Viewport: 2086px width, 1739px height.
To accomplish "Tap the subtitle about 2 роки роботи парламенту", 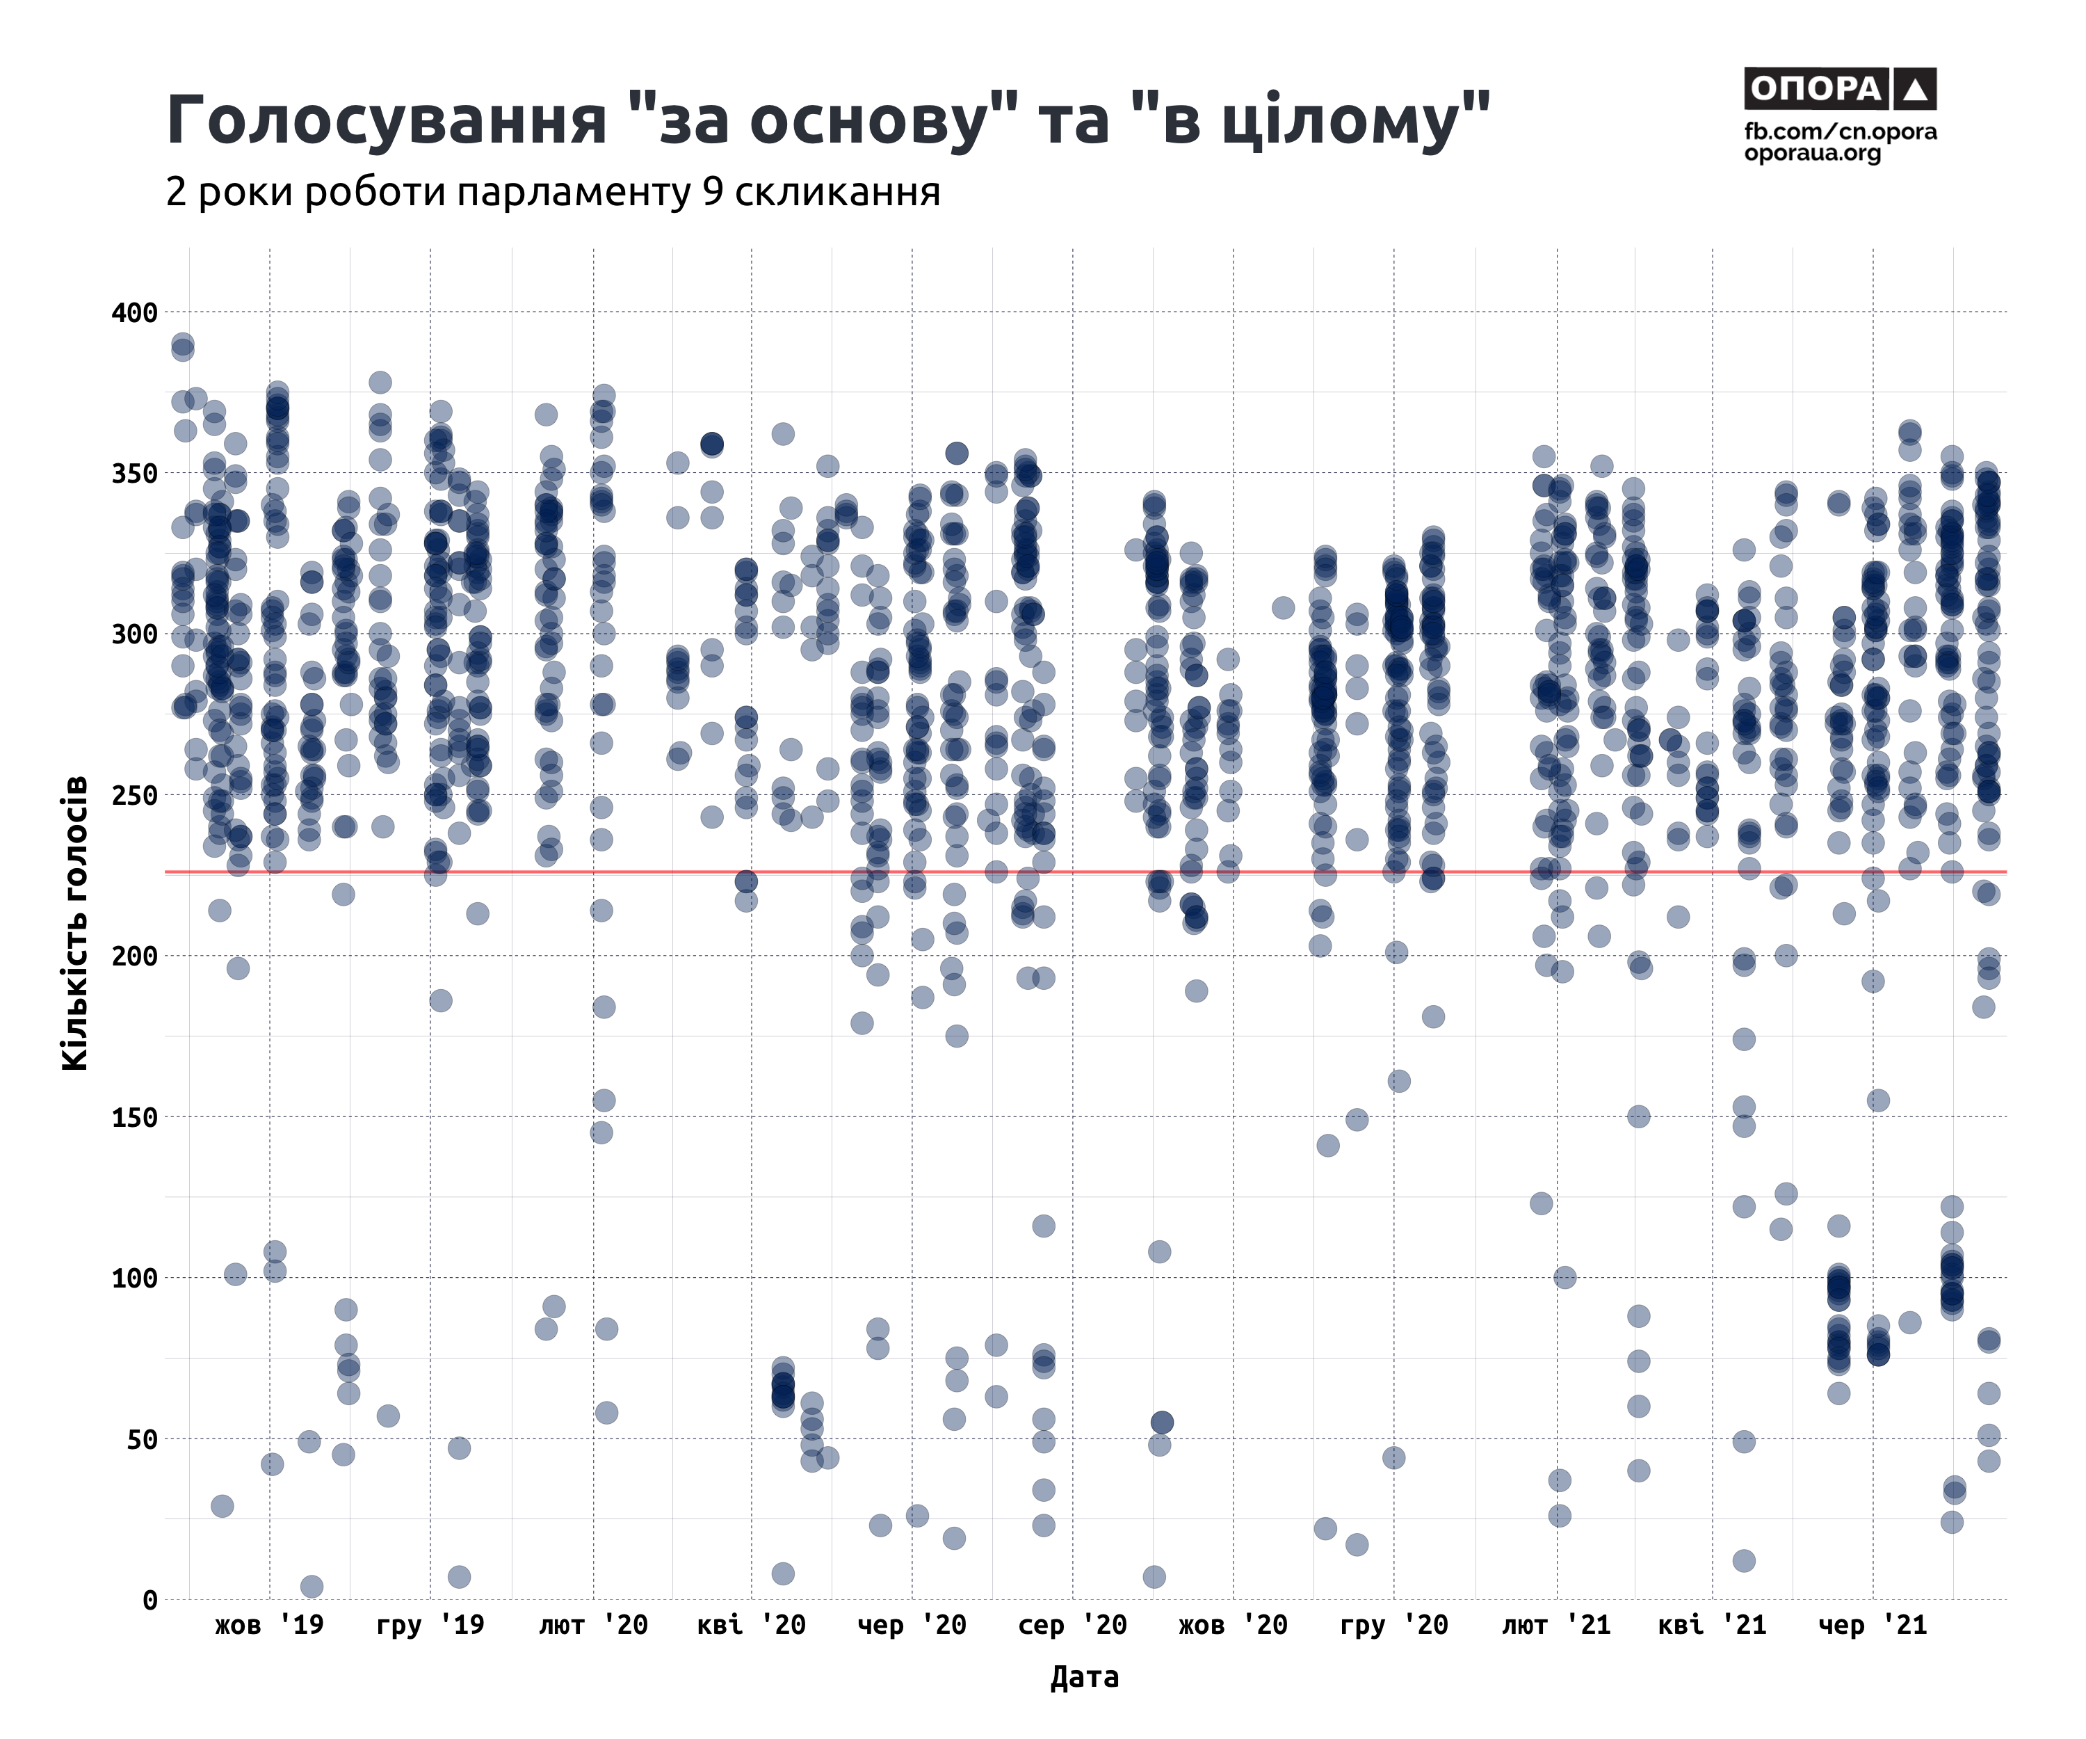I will pos(552,192).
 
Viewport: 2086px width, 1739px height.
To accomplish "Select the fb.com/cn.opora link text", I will pos(1840,132).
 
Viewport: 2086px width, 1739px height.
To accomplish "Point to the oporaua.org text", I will pos(1812,154).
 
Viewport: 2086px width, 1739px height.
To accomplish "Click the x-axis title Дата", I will pos(1084,1677).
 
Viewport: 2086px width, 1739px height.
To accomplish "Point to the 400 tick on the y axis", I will pos(135,313).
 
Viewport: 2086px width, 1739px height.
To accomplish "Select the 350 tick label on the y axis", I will pos(135,474).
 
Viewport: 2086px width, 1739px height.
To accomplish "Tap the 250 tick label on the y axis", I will pos(135,796).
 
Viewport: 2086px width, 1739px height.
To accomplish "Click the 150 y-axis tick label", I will pos(135,1118).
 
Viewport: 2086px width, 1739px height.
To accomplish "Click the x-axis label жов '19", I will pos(269,1626).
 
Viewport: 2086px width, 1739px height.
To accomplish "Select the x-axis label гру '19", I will pos(430,1626).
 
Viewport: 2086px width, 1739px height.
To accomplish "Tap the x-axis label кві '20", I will pos(751,1626).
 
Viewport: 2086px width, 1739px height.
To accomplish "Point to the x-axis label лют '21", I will pos(1555,1626).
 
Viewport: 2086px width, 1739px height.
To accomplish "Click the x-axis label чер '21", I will pos(1873,1626).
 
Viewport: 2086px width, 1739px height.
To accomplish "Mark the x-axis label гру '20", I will pos(1393,1626).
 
